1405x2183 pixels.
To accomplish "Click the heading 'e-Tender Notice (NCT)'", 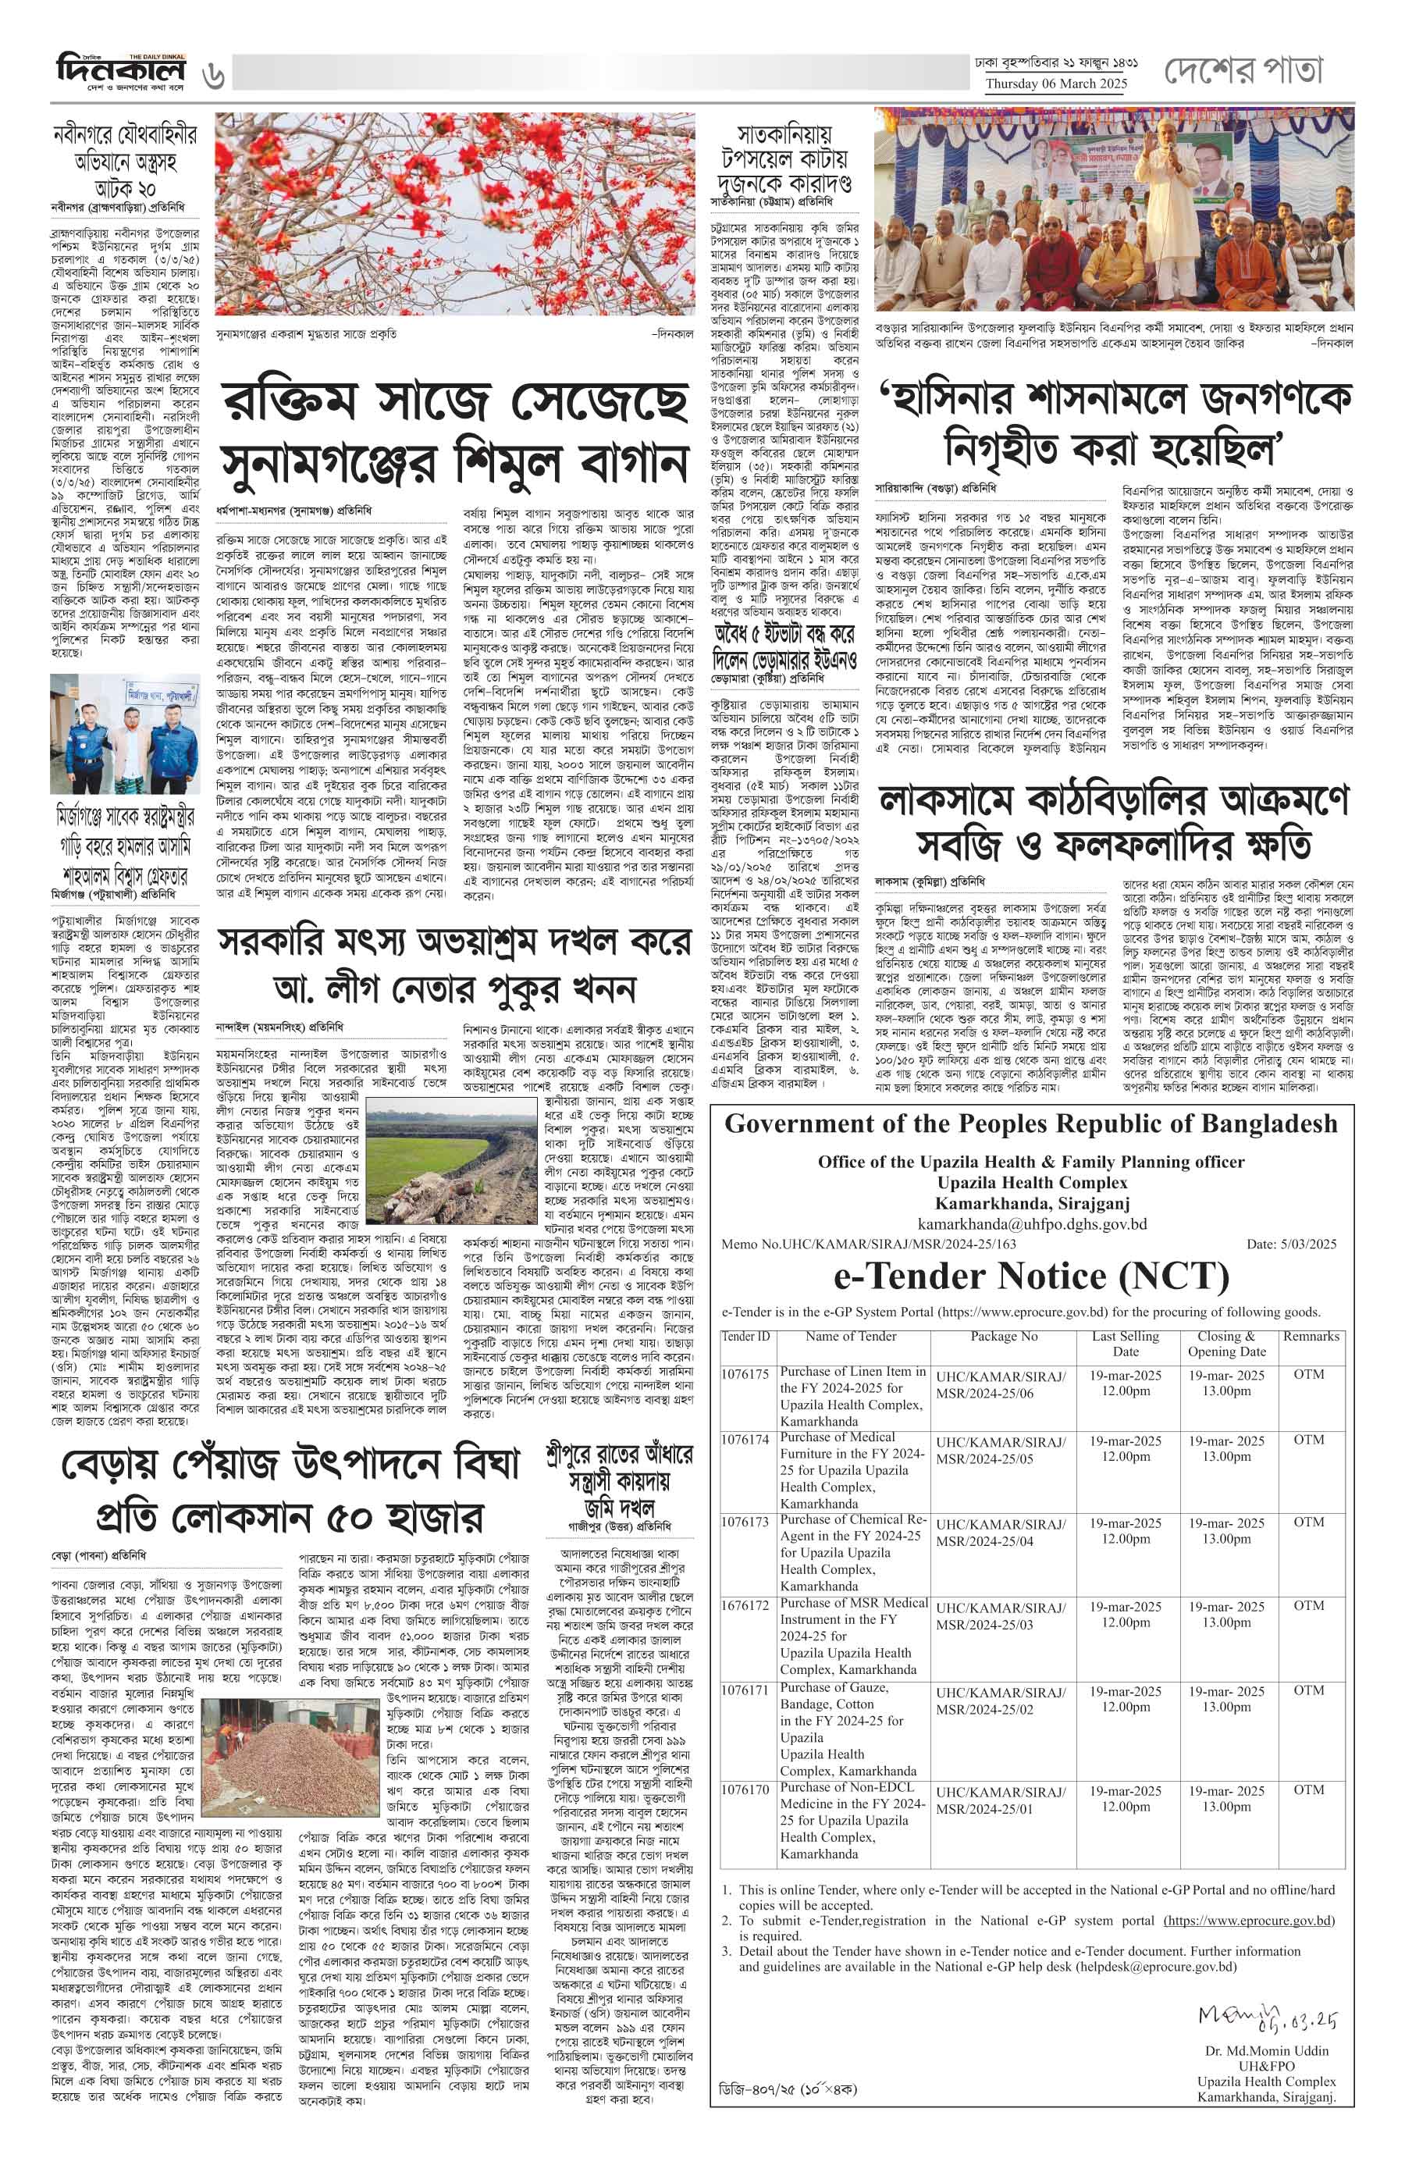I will (x=1031, y=1276).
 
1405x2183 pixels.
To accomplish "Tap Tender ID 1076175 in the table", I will (x=745, y=1373).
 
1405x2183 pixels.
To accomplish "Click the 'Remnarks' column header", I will (x=1310, y=1336).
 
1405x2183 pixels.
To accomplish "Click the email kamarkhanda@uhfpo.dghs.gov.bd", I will (x=1031, y=1223).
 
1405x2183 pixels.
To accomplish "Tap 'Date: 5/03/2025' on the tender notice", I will (x=1291, y=1244).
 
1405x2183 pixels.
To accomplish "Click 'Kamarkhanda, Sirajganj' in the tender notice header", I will (x=1031, y=1204).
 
